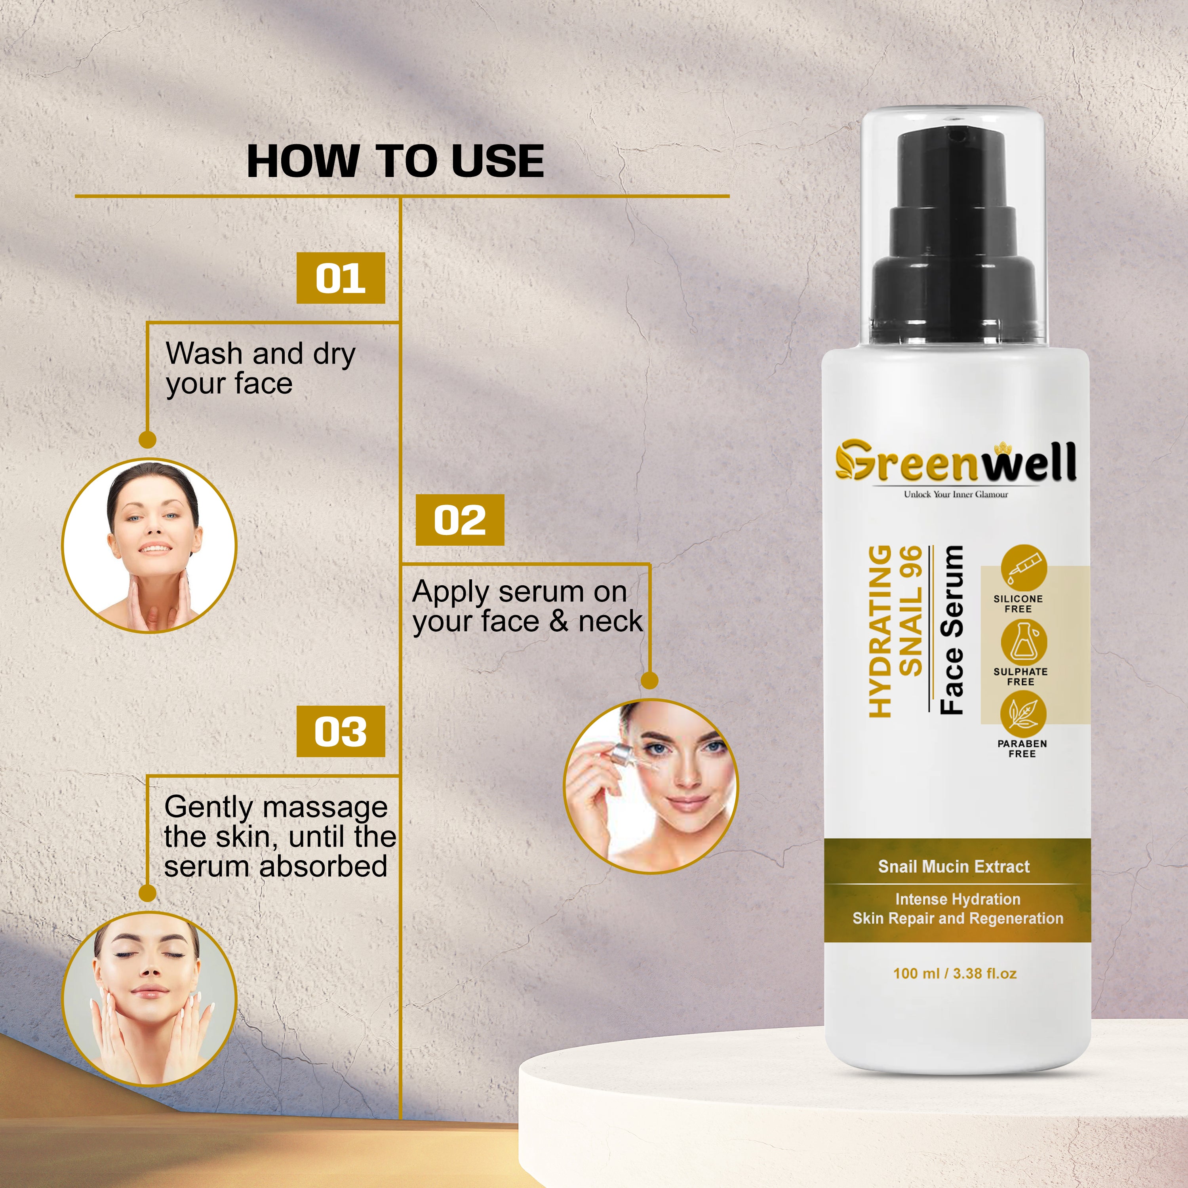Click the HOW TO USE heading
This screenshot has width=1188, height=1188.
click(x=395, y=161)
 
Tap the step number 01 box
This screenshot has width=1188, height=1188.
click(x=341, y=278)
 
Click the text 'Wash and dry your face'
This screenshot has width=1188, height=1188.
click(x=261, y=368)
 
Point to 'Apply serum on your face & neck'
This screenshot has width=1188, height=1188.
click(x=527, y=606)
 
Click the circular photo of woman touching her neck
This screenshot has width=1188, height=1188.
click(x=149, y=545)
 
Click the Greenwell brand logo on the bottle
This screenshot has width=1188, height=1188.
click(x=956, y=461)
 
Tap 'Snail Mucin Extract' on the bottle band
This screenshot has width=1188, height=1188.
click(x=954, y=866)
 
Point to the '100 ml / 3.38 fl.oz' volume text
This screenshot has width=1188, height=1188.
click(x=955, y=973)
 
